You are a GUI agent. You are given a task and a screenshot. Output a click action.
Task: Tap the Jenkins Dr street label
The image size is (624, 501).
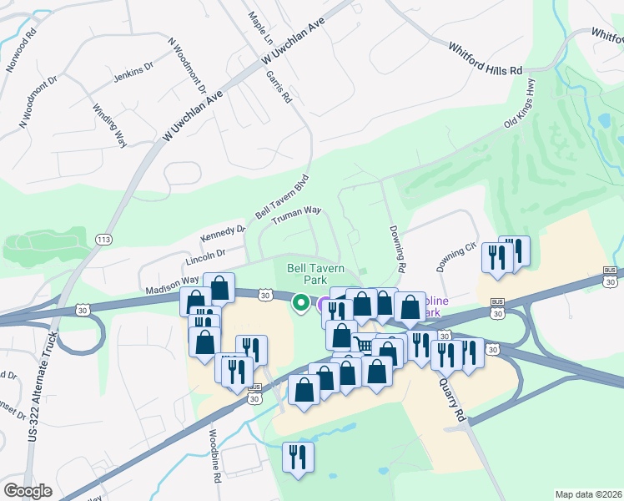(133, 76)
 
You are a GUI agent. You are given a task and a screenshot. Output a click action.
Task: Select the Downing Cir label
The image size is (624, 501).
(456, 256)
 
